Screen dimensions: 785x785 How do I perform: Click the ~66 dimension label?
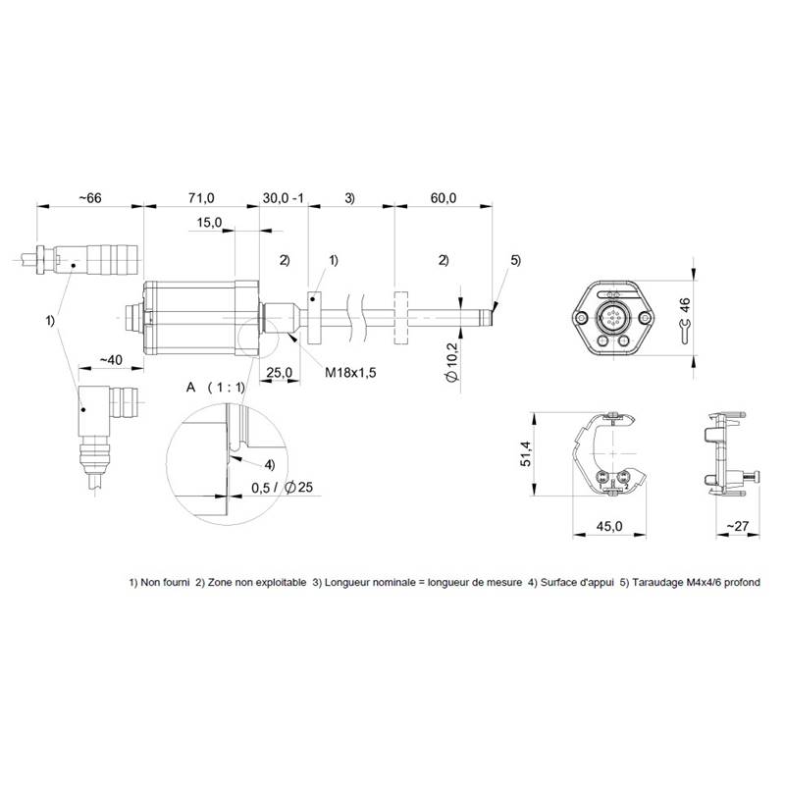pyautogui.click(x=90, y=198)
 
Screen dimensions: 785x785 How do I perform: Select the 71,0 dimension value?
pyautogui.click(x=201, y=198)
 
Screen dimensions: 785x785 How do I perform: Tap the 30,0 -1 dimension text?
pyautogui.click(x=284, y=198)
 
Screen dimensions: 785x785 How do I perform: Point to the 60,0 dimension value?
pyautogui.click(x=444, y=198)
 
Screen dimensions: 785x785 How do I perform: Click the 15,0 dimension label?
pyautogui.click(x=209, y=223)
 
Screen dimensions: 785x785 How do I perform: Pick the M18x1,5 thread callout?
pyautogui.click(x=350, y=373)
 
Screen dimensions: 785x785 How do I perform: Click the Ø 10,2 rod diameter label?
pyautogui.click(x=452, y=362)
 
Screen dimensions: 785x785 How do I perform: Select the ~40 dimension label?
pyautogui.click(x=111, y=360)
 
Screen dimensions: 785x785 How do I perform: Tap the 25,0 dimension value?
pyautogui.click(x=280, y=373)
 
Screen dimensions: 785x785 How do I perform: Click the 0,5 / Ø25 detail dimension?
pyautogui.click(x=283, y=487)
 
